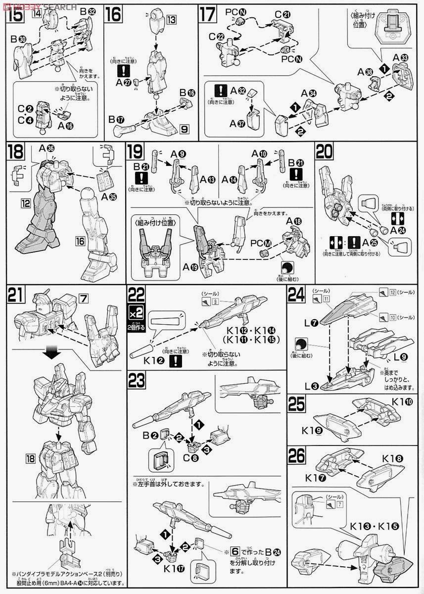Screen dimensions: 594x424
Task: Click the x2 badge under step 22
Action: [x=137, y=314]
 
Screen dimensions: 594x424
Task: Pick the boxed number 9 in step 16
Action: [x=184, y=130]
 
